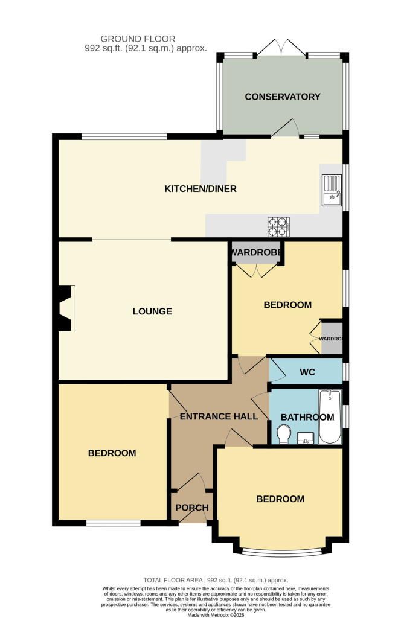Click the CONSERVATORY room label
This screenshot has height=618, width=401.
click(x=282, y=97)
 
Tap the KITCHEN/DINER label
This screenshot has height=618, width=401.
click(x=200, y=189)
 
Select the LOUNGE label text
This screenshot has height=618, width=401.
click(x=152, y=311)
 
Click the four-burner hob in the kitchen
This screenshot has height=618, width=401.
click(x=278, y=227)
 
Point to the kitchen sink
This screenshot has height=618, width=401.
click(x=332, y=190)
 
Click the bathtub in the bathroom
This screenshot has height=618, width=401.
click(x=330, y=416)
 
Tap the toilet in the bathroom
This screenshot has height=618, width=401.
click(x=283, y=435)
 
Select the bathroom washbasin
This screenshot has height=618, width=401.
click(x=305, y=438)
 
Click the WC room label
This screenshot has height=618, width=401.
click(x=307, y=372)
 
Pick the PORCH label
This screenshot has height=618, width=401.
click(x=192, y=508)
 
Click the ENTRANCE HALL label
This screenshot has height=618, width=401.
click(x=219, y=416)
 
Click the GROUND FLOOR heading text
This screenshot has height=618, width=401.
click(x=138, y=39)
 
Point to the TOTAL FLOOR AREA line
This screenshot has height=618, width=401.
click(x=216, y=580)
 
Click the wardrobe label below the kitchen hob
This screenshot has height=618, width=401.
click(x=256, y=252)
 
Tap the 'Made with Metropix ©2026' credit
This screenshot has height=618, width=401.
click(x=216, y=615)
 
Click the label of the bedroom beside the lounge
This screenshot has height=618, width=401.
click(x=288, y=305)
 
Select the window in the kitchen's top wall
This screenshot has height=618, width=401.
click(x=124, y=137)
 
